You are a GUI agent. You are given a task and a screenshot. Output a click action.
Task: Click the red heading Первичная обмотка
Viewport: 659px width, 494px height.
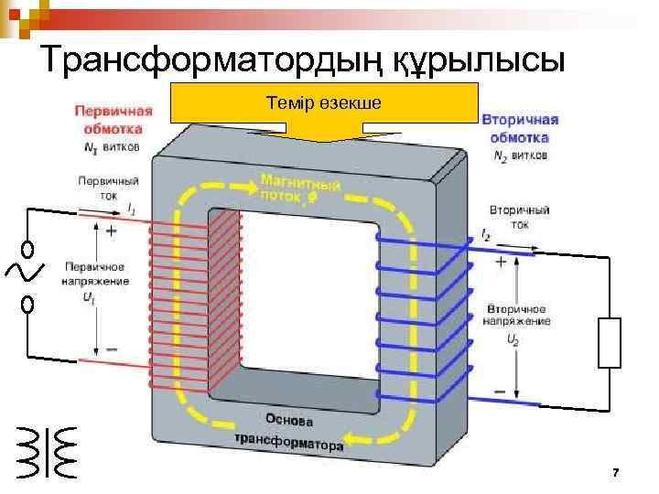tap(113, 117)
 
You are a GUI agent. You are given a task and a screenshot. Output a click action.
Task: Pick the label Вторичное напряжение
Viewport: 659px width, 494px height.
tap(518, 315)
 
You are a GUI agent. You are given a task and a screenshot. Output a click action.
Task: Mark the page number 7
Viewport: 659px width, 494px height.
tap(615, 473)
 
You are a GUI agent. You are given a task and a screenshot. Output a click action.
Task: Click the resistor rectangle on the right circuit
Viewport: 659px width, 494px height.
tap(610, 343)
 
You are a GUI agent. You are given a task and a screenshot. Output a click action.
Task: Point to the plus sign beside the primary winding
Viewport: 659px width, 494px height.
tap(111, 232)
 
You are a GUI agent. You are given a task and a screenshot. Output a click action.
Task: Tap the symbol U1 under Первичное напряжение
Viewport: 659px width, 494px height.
tap(88, 298)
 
